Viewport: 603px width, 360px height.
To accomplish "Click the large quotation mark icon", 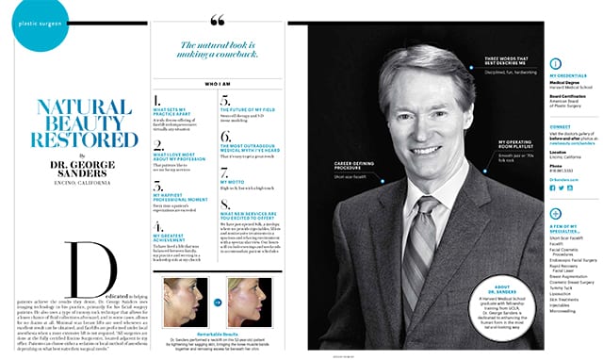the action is tap(220, 21).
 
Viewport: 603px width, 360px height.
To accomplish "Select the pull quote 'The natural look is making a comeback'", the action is tap(219, 49).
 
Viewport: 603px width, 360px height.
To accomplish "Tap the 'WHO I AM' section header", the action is tap(219, 82).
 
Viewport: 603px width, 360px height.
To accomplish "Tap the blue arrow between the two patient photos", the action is tap(219, 303).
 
